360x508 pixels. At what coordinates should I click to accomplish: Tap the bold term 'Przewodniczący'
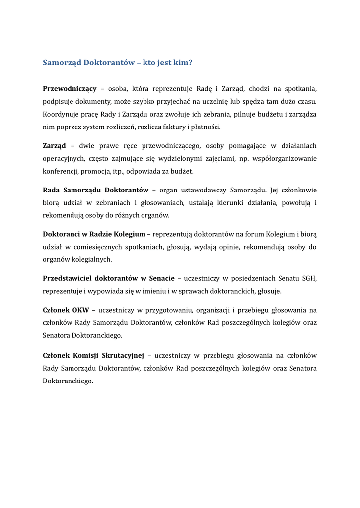(70, 89)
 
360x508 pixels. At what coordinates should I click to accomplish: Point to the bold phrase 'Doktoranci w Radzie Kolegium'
(94, 234)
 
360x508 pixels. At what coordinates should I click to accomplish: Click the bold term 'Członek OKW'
(66, 310)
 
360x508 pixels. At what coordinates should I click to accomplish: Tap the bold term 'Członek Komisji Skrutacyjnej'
(93, 355)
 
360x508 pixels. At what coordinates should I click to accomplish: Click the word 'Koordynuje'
(60, 114)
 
